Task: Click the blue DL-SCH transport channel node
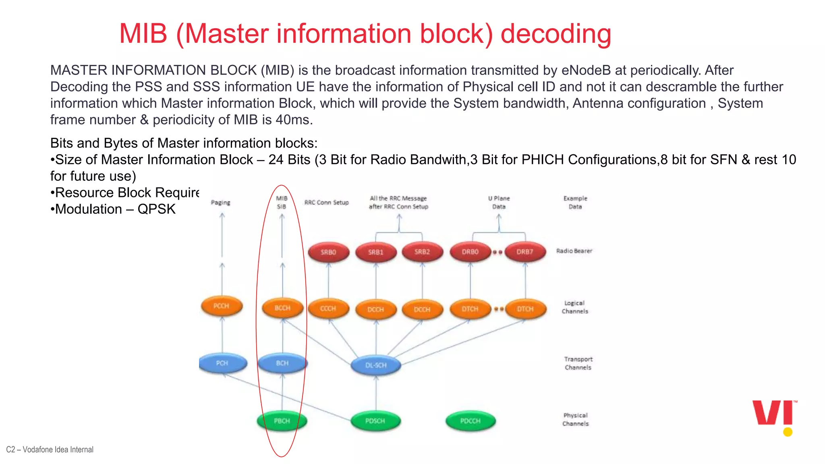pyautogui.click(x=375, y=365)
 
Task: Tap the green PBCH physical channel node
pyautogui.click(x=282, y=421)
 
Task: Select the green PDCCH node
pyautogui.click(x=470, y=421)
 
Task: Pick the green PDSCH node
pyautogui.click(x=375, y=421)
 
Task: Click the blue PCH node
pyautogui.click(x=222, y=363)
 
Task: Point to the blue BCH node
pyautogui.click(x=282, y=363)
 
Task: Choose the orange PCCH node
pyautogui.click(x=221, y=306)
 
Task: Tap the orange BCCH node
pyautogui.click(x=282, y=308)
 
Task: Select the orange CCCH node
pyautogui.click(x=328, y=309)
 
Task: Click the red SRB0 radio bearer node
pyautogui.click(x=328, y=252)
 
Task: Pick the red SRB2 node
pyautogui.click(x=422, y=252)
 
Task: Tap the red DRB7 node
pyautogui.click(x=525, y=252)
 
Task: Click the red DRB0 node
pyautogui.click(x=470, y=252)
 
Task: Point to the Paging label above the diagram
pyautogui.click(x=221, y=203)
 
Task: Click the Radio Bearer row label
pyautogui.click(x=574, y=251)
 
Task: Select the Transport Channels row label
pyautogui.click(x=578, y=363)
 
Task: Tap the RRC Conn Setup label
pyautogui.click(x=326, y=203)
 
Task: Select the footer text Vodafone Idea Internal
pyautogui.click(x=58, y=449)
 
